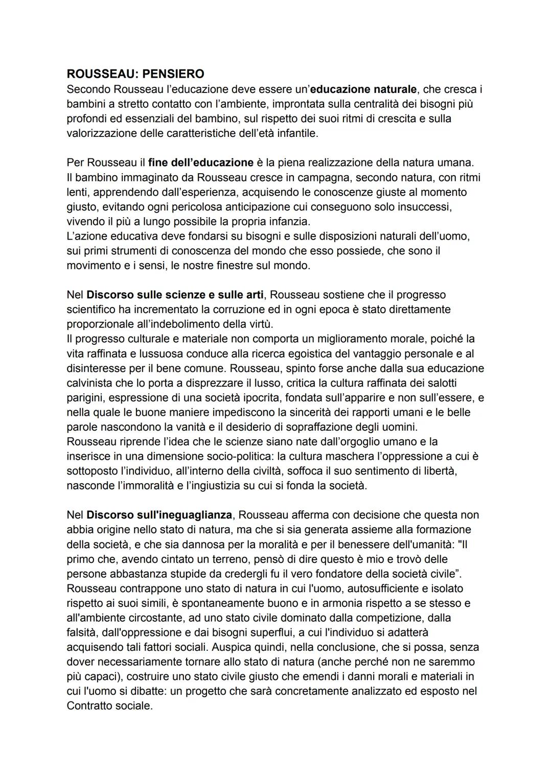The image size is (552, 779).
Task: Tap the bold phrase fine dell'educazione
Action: point(201,163)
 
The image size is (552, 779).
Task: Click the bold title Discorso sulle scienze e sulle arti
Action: point(175,295)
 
